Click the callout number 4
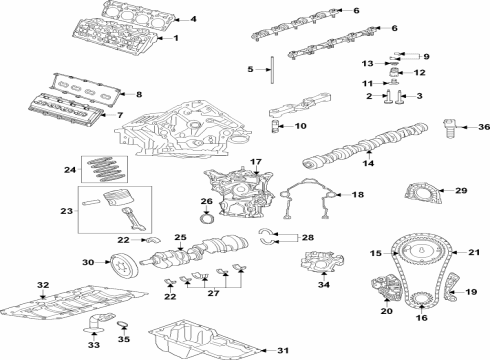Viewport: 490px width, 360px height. tap(193, 19)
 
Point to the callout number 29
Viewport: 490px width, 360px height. tap(461, 190)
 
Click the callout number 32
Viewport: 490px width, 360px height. tap(41, 286)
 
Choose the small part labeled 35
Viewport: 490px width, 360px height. tap(125, 325)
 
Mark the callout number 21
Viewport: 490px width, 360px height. tap(475, 252)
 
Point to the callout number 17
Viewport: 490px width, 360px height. tap(255, 162)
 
